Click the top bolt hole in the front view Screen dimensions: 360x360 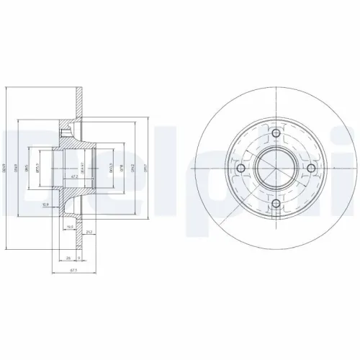point(277,134)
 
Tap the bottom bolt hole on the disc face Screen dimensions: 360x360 point(277,205)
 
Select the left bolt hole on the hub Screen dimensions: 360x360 point(241,170)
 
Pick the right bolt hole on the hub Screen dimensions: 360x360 point(312,170)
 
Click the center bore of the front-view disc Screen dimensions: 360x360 point(277,170)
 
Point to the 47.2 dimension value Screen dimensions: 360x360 point(75,175)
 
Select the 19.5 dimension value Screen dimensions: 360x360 point(70,226)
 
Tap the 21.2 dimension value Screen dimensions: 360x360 point(87,232)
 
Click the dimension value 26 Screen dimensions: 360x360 point(68,256)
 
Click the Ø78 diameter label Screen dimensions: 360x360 point(122,171)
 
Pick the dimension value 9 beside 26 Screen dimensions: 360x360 point(77,256)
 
